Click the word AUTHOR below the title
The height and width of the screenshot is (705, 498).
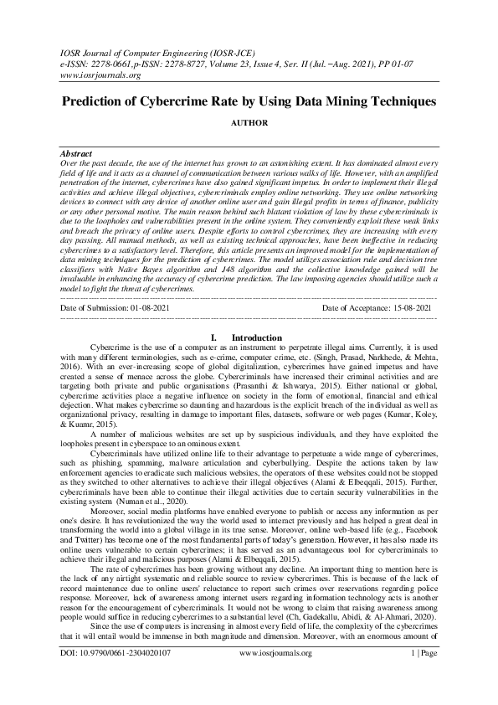tap(249, 123)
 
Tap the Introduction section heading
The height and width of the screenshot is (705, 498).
tap(256, 337)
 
